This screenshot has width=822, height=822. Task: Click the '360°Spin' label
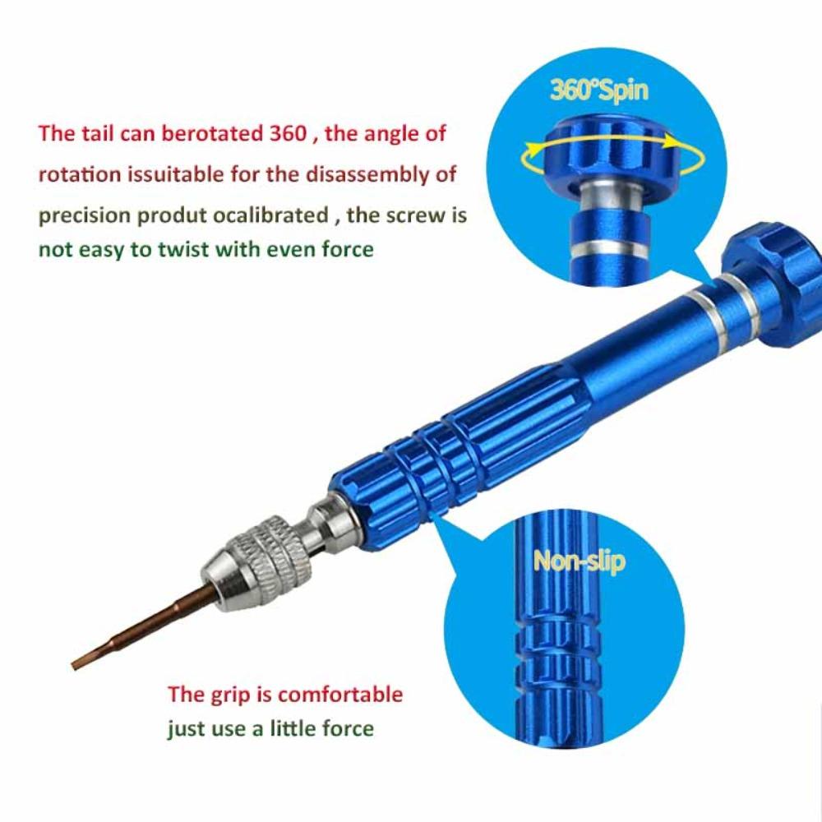pos(598,90)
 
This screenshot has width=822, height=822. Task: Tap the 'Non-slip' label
pos(580,561)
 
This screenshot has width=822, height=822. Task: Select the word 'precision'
pos(83,215)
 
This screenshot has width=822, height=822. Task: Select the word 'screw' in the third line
pos(413,215)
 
